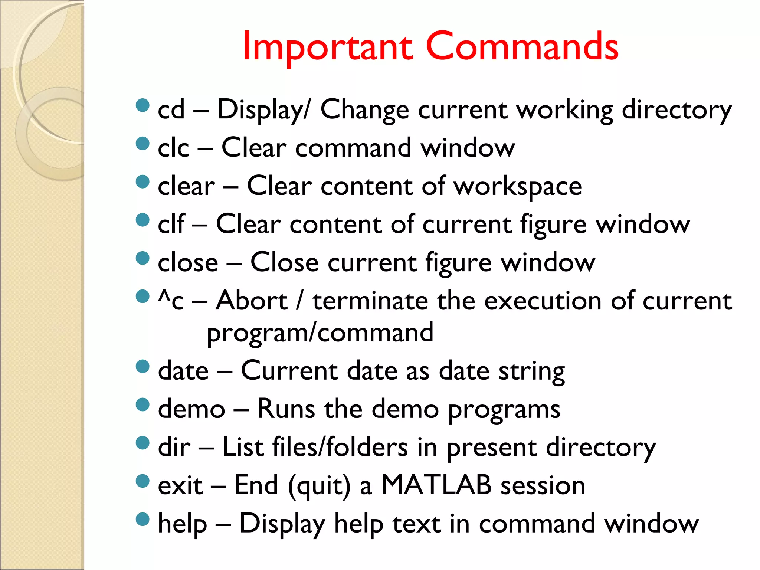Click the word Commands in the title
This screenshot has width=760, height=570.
coord(522,46)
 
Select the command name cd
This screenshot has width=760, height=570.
coord(171,110)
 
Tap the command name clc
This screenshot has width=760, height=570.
coord(173,148)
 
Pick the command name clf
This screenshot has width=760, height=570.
coord(171,224)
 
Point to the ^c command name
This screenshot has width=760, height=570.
coord(171,301)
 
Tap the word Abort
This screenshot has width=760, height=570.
coord(252,301)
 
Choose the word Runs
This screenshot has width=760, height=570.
coord(286,409)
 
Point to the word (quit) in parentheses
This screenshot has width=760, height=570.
coord(319,486)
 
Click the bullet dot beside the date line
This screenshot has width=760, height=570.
coord(142,366)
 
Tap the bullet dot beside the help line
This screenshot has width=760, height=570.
coord(142,519)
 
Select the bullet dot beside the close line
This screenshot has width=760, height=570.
coord(142,258)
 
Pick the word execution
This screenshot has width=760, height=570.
coord(543,301)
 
